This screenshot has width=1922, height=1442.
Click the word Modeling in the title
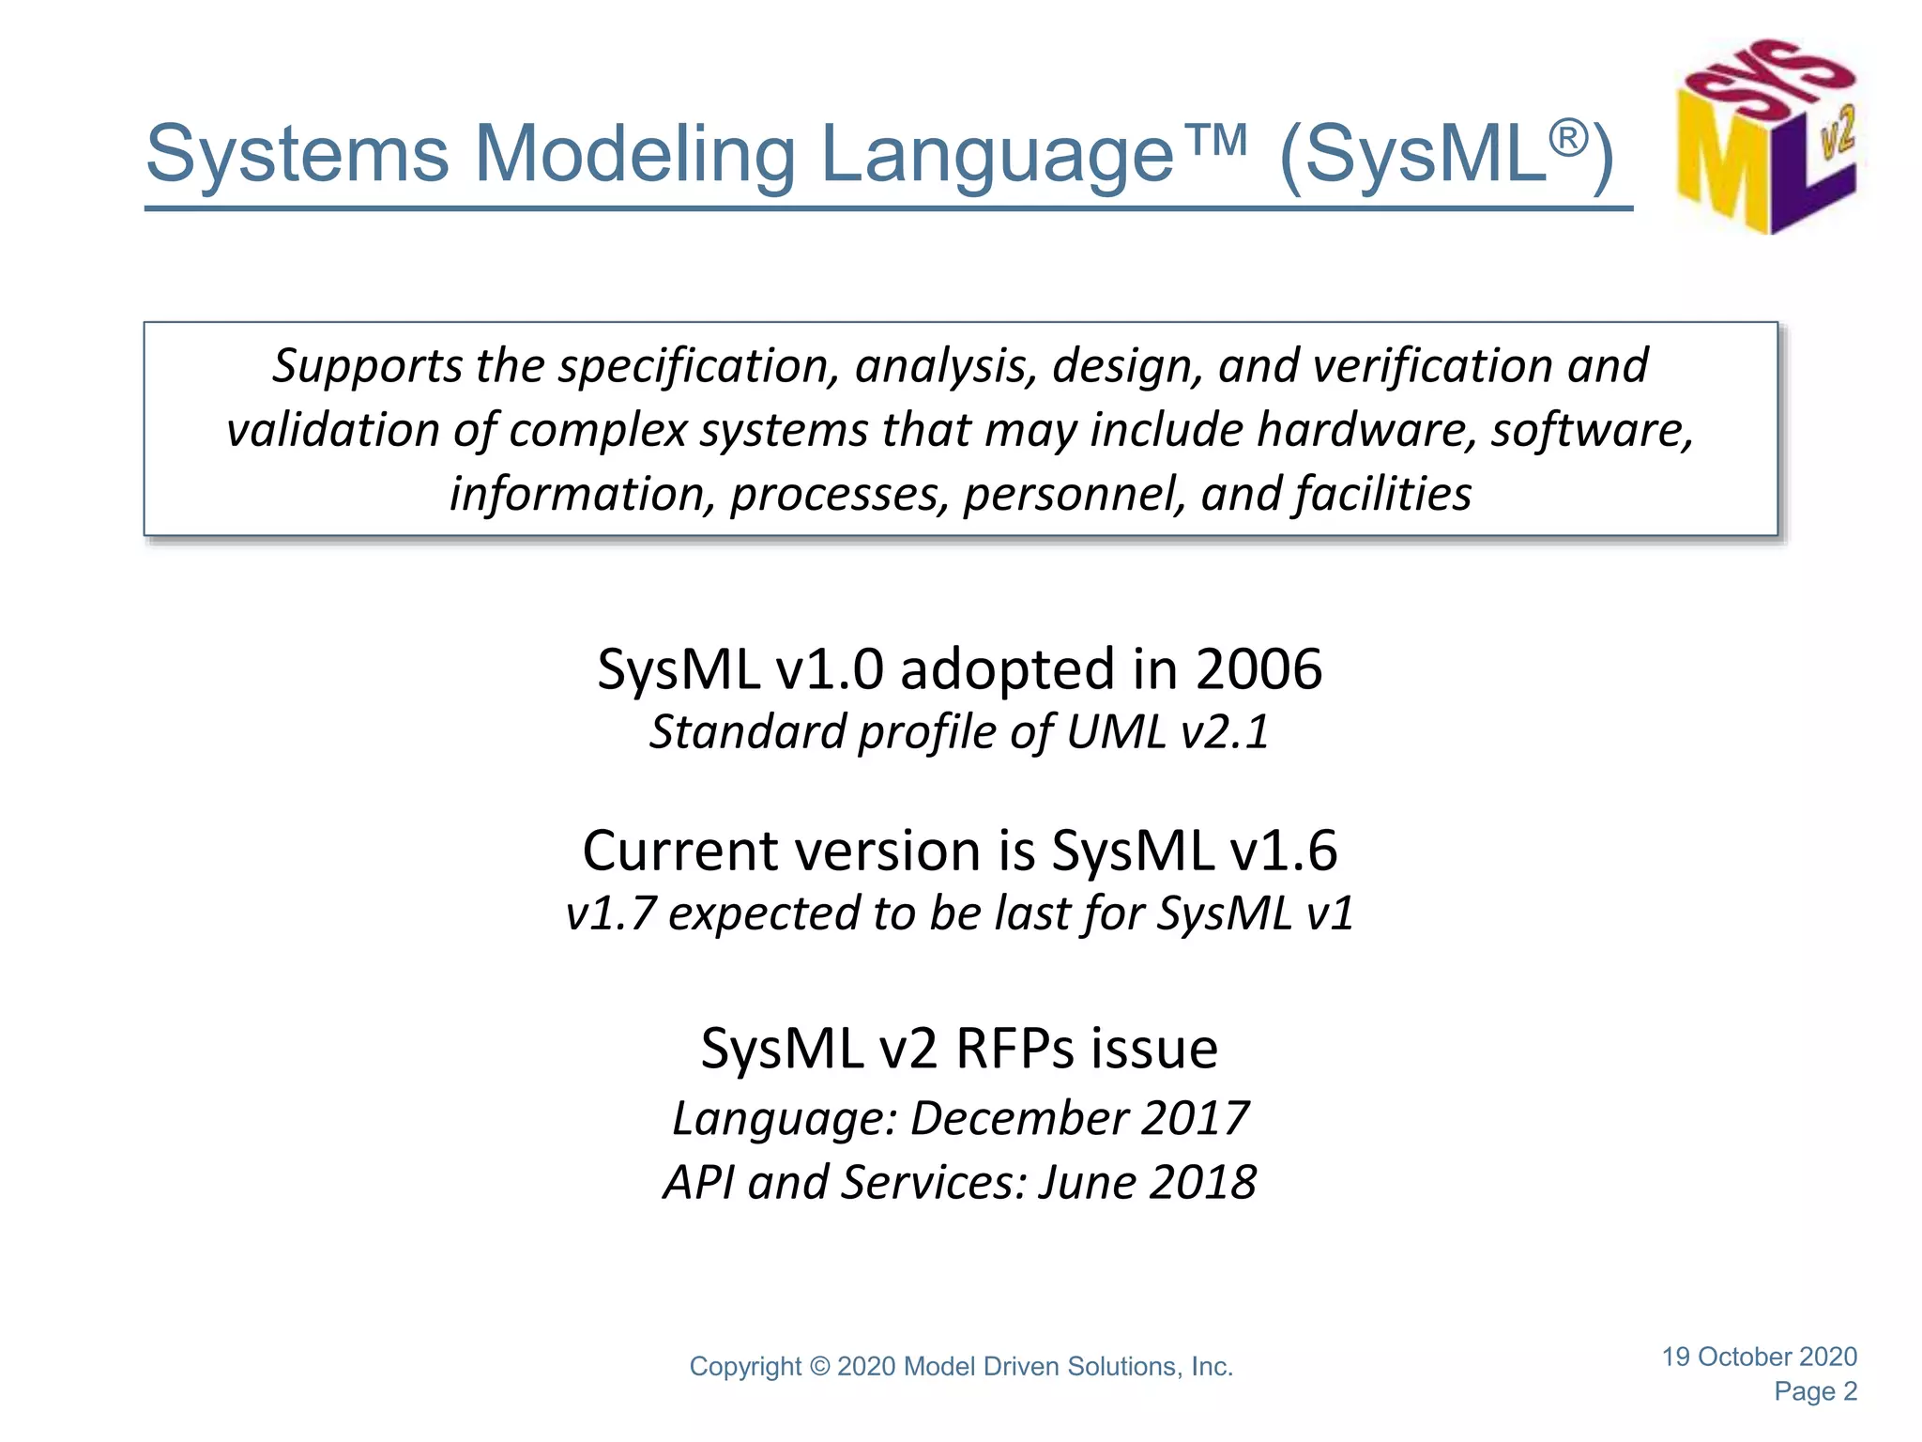coord(635,154)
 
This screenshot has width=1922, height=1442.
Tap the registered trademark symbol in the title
coord(1567,137)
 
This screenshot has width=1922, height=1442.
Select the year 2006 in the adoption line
coord(1258,669)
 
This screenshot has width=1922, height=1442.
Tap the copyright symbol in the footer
coord(820,1367)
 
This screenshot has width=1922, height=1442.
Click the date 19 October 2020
coord(1759,1357)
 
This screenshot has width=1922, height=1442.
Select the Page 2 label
coord(1815,1391)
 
